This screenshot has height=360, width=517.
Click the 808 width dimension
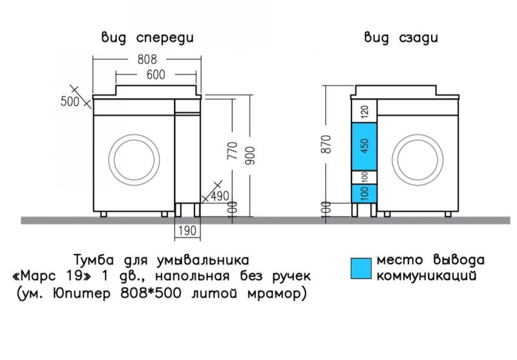[147, 59]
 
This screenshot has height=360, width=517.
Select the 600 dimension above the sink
[155, 74]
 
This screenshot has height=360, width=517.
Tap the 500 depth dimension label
[69, 101]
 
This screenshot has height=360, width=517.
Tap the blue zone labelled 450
[364, 147]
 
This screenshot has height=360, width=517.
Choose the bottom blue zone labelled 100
[364, 193]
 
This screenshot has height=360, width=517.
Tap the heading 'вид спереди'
[146, 37]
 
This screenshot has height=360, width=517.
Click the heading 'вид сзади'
[401, 37]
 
